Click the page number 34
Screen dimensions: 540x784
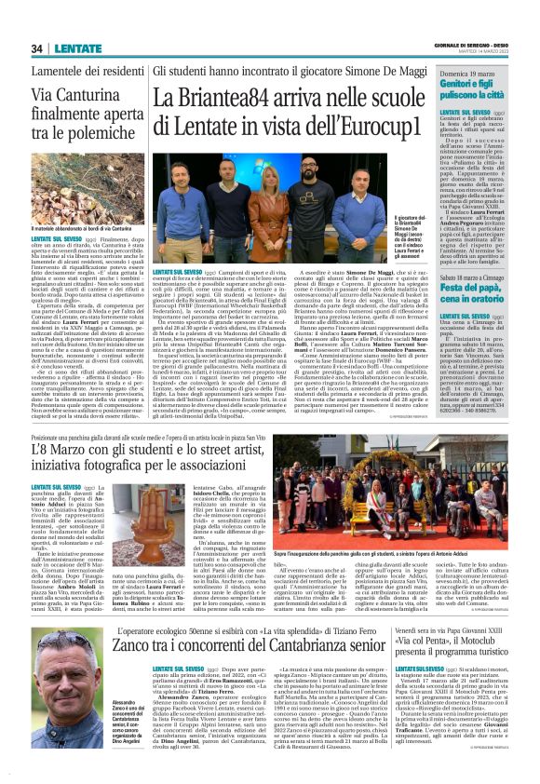(x=37, y=48)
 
